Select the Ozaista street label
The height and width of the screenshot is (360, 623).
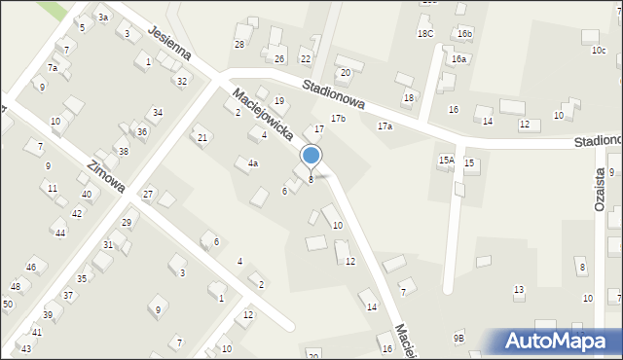tap(600, 194)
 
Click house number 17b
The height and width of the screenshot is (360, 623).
tap(338, 119)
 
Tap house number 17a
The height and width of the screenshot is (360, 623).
tap(385, 126)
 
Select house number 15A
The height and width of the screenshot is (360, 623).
tap(447, 160)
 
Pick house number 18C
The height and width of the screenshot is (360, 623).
tap(425, 33)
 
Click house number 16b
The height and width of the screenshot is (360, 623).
tap(465, 34)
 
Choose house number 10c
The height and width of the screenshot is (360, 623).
tap(598, 50)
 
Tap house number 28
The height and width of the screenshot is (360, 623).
tap(238, 45)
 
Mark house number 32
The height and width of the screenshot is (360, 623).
tap(182, 81)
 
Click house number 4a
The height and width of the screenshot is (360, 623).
tap(252, 163)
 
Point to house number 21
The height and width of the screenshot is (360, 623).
tap(202, 138)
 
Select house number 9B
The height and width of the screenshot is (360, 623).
tap(458, 338)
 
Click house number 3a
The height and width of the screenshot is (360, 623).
tap(103, 18)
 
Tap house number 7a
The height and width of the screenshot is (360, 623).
tap(53, 68)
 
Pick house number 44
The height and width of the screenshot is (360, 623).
tap(60, 234)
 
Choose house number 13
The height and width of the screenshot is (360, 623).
tap(519, 289)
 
